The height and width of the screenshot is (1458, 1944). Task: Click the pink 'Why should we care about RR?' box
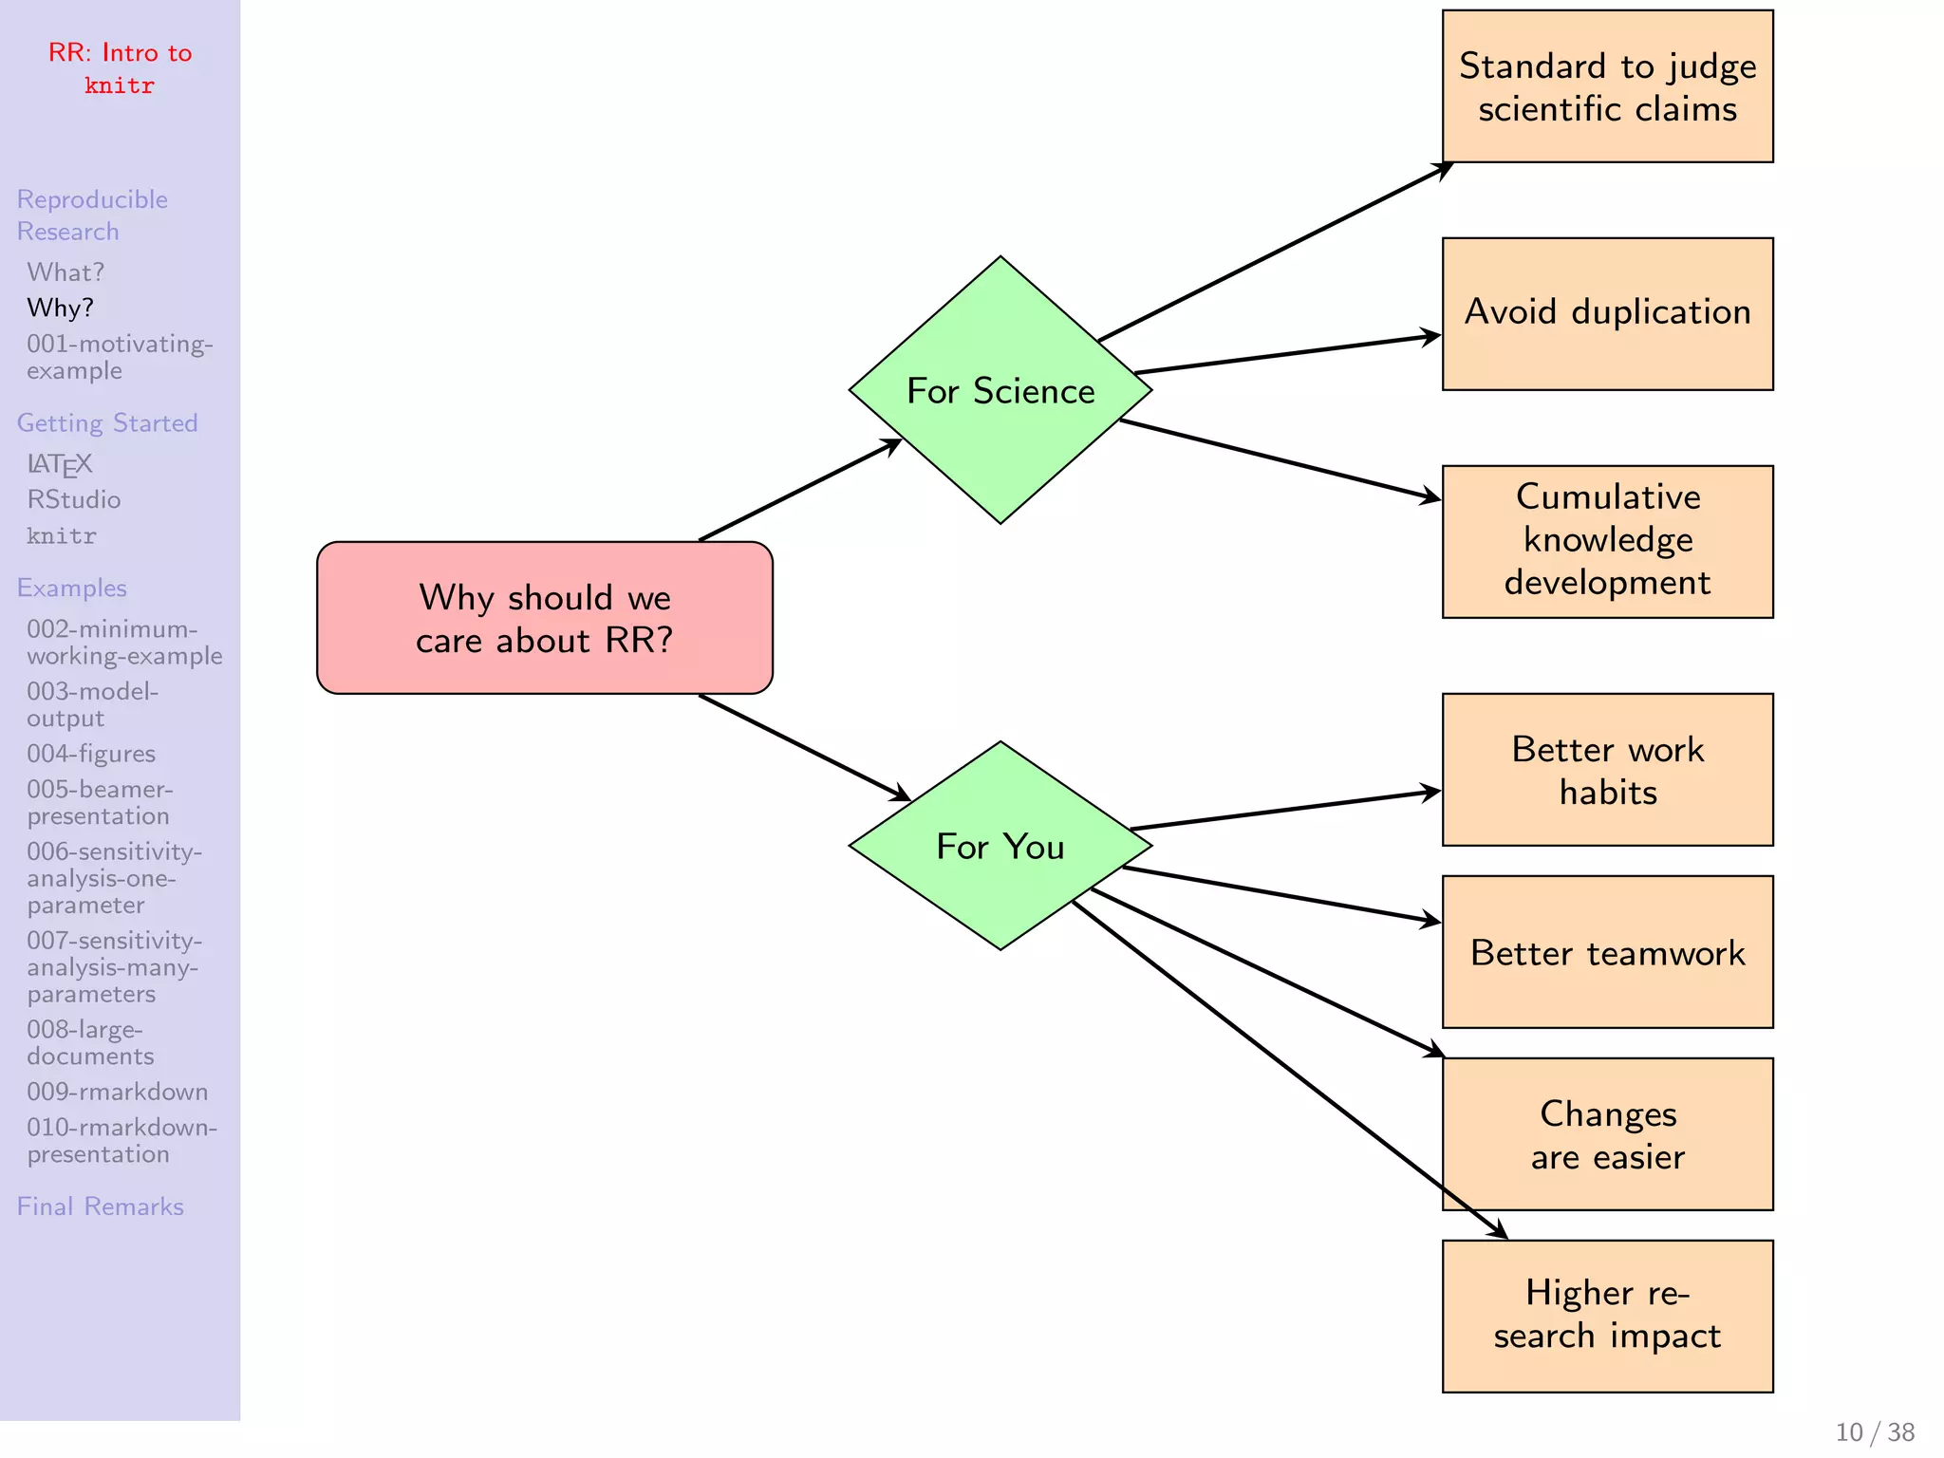(x=545, y=618)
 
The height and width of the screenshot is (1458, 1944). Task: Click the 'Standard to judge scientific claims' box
(x=1607, y=86)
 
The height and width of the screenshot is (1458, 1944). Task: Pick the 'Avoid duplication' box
(x=1607, y=314)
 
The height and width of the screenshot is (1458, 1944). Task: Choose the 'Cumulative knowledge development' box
(x=1607, y=542)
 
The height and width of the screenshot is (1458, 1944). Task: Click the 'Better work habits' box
(x=1607, y=770)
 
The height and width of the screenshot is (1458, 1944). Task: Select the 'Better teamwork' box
(x=1607, y=952)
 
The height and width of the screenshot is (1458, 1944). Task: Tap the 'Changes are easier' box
(x=1607, y=1134)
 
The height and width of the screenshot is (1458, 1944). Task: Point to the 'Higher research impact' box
(x=1607, y=1317)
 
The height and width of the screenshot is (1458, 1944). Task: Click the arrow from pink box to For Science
(x=800, y=490)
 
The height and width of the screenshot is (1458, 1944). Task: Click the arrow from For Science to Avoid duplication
(x=1287, y=354)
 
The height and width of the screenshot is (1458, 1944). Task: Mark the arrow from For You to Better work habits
(x=1285, y=810)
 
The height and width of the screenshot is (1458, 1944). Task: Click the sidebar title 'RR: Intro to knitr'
(x=120, y=68)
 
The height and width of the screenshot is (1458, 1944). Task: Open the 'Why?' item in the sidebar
(x=61, y=308)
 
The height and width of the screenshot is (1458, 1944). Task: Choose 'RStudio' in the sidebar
(x=74, y=500)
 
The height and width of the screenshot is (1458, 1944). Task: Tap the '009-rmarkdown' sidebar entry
(x=118, y=1093)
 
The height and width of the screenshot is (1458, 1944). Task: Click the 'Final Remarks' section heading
(x=101, y=1206)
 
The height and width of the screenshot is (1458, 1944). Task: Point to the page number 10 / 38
(x=1875, y=1432)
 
